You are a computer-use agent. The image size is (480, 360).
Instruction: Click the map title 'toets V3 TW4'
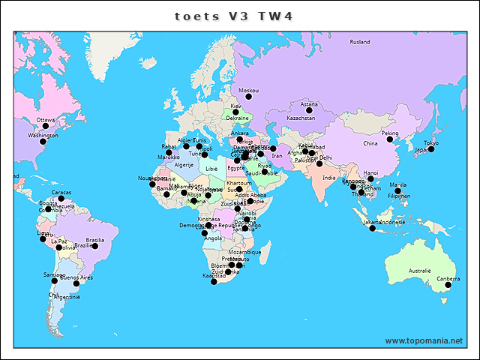[233, 16]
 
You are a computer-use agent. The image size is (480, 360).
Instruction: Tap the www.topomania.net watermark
[424, 340]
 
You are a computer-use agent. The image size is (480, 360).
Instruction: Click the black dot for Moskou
[249, 97]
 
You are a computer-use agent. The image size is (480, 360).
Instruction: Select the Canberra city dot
[448, 285]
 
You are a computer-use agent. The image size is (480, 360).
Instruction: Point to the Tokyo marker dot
[431, 148]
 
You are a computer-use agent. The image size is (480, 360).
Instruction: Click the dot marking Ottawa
[46, 125]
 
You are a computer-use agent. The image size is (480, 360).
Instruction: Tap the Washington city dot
[43, 142]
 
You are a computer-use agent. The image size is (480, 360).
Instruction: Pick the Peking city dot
[390, 139]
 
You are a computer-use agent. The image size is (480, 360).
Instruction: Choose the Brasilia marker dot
[95, 246]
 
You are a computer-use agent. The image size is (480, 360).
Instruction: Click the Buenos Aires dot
[76, 283]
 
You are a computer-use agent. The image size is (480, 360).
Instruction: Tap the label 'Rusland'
[360, 42]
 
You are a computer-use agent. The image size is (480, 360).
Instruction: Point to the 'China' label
[370, 143]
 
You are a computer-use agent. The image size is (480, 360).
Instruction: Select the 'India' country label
[329, 178]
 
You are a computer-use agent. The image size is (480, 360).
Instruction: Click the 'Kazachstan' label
[301, 118]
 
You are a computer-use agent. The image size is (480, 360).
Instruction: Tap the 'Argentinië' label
[67, 297]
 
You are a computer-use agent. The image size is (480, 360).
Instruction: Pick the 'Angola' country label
[213, 238]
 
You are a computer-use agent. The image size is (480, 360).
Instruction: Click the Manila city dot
[398, 190]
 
